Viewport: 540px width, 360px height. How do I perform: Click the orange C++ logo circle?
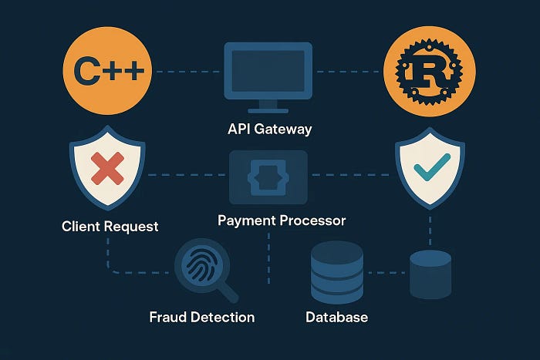[x=109, y=72]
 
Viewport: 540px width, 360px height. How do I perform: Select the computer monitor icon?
[x=268, y=72]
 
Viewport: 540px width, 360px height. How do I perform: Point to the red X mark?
[x=107, y=167]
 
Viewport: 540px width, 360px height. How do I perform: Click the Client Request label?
[x=110, y=227]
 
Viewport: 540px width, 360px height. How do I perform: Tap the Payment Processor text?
[x=282, y=220]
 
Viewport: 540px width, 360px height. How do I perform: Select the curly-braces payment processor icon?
[x=268, y=177]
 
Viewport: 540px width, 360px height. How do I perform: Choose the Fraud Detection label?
[x=202, y=317]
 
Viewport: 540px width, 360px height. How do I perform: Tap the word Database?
[x=336, y=317]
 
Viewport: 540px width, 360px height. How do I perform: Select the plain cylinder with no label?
[x=430, y=274]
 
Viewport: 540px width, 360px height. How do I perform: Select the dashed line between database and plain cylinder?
[x=386, y=272]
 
